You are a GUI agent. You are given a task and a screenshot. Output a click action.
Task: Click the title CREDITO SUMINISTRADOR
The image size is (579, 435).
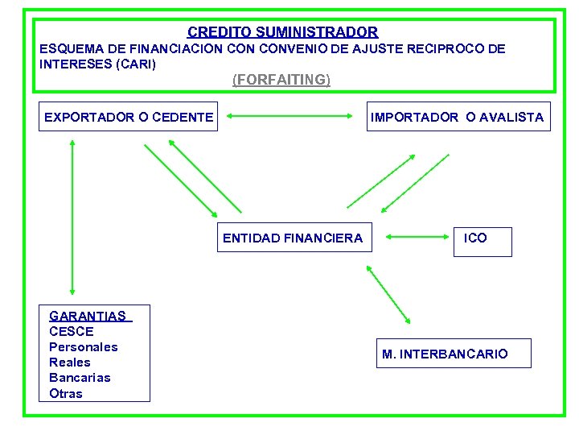tap(282, 33)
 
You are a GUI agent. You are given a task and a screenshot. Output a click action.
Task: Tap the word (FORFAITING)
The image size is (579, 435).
tap(281, 80)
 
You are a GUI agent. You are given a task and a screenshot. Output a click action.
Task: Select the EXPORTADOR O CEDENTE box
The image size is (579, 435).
tap(129, 118)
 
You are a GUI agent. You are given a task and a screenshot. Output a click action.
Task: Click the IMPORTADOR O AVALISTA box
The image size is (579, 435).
tap(457, 118)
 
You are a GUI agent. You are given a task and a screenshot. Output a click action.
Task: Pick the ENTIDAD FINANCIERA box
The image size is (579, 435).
tap(293, 238)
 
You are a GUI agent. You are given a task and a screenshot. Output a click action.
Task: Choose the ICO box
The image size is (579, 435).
tap(482, 238)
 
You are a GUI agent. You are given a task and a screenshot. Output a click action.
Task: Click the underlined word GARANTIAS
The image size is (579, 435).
tap(88, 317)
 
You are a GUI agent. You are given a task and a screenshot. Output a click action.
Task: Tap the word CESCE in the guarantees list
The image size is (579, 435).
tap(72, 332)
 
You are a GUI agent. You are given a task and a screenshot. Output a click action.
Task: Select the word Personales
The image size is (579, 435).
tap(84, 347)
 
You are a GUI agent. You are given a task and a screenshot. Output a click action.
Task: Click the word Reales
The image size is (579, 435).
tap(70, 362)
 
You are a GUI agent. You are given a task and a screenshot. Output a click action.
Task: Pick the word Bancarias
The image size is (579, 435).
tap(80, 378)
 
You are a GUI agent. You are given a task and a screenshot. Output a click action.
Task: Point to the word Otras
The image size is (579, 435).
tap(66, 394)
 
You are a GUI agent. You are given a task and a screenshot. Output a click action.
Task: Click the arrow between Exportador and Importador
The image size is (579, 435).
tap(291, 118)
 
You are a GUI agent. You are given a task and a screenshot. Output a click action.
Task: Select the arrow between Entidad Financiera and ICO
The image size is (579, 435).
tap(416, 238)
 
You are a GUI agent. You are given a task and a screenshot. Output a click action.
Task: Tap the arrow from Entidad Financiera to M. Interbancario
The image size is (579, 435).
tap(388, 295)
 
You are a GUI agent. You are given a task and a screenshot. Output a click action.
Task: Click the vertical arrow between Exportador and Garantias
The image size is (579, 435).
tap(72, 216)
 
